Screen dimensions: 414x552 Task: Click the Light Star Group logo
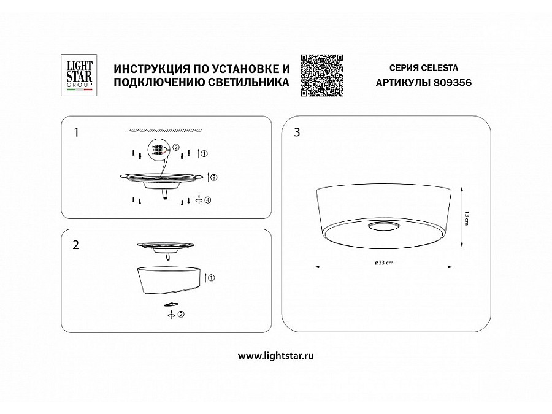point(79,75)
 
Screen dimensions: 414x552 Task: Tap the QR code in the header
point(321,75)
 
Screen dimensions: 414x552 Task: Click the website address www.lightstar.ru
point(275,356)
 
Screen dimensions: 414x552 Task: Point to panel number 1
point(76,132)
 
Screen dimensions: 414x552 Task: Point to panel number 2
point(76,245)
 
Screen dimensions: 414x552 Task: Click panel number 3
point(297,132)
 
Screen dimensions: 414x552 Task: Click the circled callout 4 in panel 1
point(208,200)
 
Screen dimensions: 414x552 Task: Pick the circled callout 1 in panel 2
point(212,278)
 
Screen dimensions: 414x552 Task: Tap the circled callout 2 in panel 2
point(182,315)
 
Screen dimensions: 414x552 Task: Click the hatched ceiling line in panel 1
point(164,131)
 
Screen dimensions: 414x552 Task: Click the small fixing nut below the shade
point(171,304)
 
